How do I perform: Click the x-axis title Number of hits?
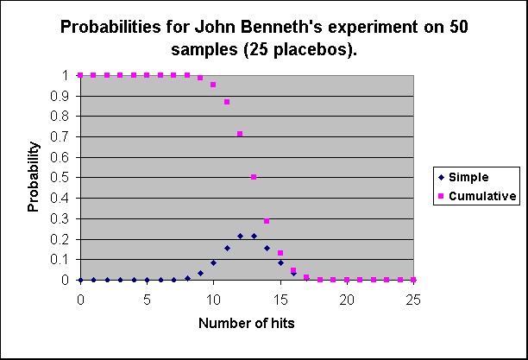[247, 324]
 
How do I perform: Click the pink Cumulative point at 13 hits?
[254, 177]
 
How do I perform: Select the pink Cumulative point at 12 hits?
[240, 134]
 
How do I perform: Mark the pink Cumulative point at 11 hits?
[227, 102]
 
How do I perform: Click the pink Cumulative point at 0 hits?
[80, 75]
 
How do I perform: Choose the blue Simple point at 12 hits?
[240, 236]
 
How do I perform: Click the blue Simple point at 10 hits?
[213, 262]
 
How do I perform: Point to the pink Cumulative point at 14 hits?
[267, 222]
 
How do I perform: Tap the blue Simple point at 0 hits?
[80, 280]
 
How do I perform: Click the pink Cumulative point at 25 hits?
[414, 280]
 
